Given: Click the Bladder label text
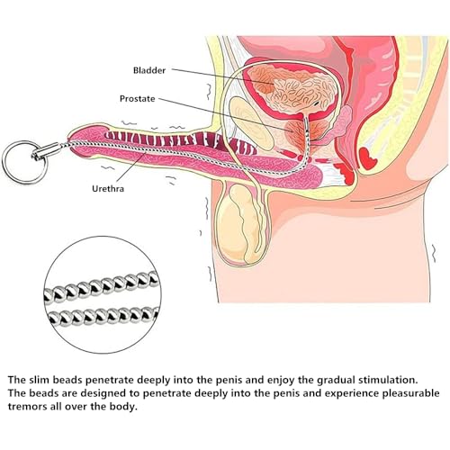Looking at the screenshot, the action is (149, 70).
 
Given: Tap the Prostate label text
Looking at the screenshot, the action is (138, 99).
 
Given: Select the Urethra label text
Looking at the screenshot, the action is (108, 189).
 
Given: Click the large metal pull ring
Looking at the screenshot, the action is (24, 162).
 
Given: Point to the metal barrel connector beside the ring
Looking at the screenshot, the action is (48, 151).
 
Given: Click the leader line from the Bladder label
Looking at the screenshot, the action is (223, 76).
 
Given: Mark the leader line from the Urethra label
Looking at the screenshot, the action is (131, 169).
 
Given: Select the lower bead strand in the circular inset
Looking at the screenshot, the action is (103, 316).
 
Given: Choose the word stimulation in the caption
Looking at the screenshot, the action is (388, 380).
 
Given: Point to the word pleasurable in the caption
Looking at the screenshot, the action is (410, 393).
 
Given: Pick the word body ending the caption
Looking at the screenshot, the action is (125, 407).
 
